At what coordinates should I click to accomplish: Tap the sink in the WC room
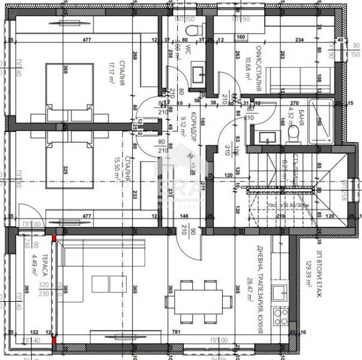(x=198, y=74)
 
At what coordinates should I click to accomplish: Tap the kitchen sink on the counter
(x=279, y=293)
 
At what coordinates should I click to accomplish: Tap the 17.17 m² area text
(x=112, y=74)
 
